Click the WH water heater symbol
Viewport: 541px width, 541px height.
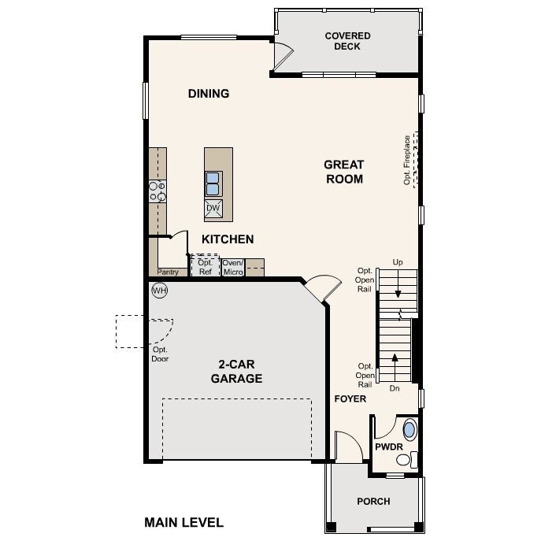tap(159, 290)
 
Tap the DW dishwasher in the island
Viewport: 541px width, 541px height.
tap(213, 209)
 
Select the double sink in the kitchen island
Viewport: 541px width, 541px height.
tap(213, 184)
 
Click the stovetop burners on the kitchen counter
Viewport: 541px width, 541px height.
tap(157, 191)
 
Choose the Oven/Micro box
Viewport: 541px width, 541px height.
tap(233, 268)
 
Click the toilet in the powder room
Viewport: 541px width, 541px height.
tap(406, 460)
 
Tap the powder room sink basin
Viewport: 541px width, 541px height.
tap(409, 429)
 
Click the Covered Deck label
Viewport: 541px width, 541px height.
tap(347, 41)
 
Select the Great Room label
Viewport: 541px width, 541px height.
tap(344, 172)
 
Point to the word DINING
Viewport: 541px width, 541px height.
tap(209, 94)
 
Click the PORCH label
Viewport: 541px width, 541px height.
tap(373, 502)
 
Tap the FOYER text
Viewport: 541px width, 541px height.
tap(350, 398)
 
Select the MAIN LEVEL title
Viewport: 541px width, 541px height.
tap(184, 522)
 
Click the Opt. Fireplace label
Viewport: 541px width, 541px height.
tap(407, 160)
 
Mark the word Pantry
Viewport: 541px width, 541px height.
tap(168, 272)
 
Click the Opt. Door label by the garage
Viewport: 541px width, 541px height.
tap(160, 354)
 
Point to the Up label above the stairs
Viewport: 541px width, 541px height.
tap(398, 262)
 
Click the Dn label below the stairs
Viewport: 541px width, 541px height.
tap(395, 388)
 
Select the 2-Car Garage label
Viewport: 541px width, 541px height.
tap(236, 371)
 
